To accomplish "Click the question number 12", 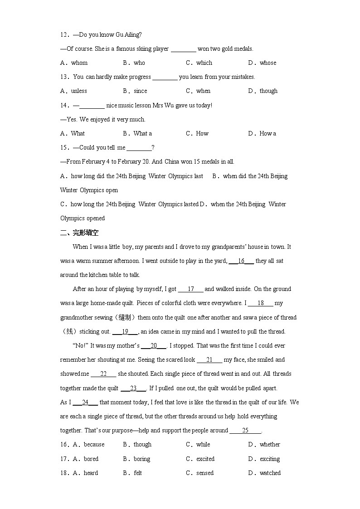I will coord(64,35).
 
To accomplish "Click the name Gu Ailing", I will coord(130,35).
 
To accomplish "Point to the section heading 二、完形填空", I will coord(79,233).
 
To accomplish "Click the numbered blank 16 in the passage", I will coord(241,261).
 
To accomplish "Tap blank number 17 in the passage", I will coord(190,289).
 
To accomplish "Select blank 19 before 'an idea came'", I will coord(125,332).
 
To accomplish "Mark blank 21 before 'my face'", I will coord(209,360).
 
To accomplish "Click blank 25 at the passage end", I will coord(245,431).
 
